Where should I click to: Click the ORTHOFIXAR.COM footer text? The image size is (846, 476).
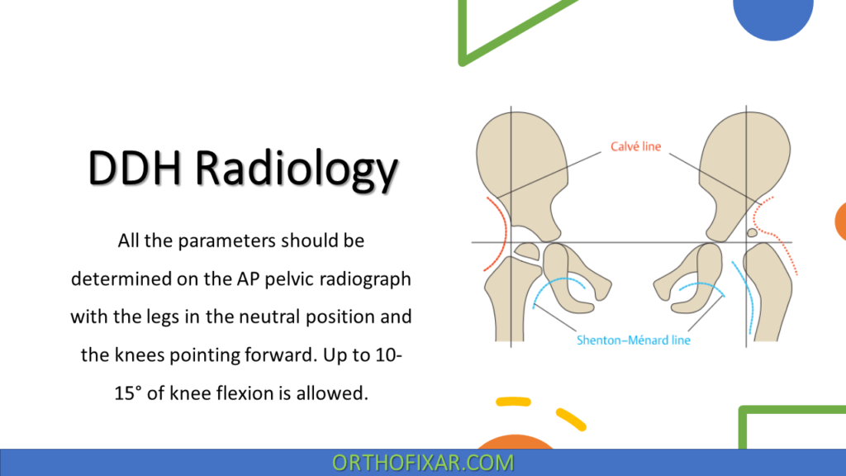point(423,463)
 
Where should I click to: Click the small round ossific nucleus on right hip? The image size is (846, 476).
point(752,234)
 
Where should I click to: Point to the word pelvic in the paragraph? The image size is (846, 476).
point(290,279)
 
